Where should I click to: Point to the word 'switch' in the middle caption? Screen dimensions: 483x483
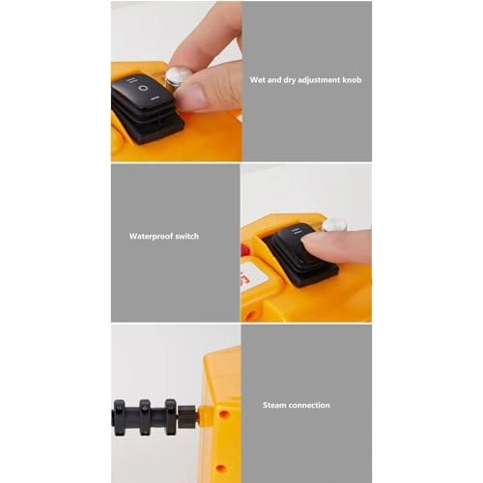(188, 236)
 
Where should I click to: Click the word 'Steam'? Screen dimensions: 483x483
(277, 405)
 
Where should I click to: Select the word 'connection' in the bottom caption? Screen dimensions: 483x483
(311, 405)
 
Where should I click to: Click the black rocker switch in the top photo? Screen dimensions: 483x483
(144, 98)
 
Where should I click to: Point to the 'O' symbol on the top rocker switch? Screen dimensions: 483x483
(144, 89)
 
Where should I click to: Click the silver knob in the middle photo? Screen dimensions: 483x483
(334, 225)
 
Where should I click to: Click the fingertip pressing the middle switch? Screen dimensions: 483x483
(325, 246)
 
